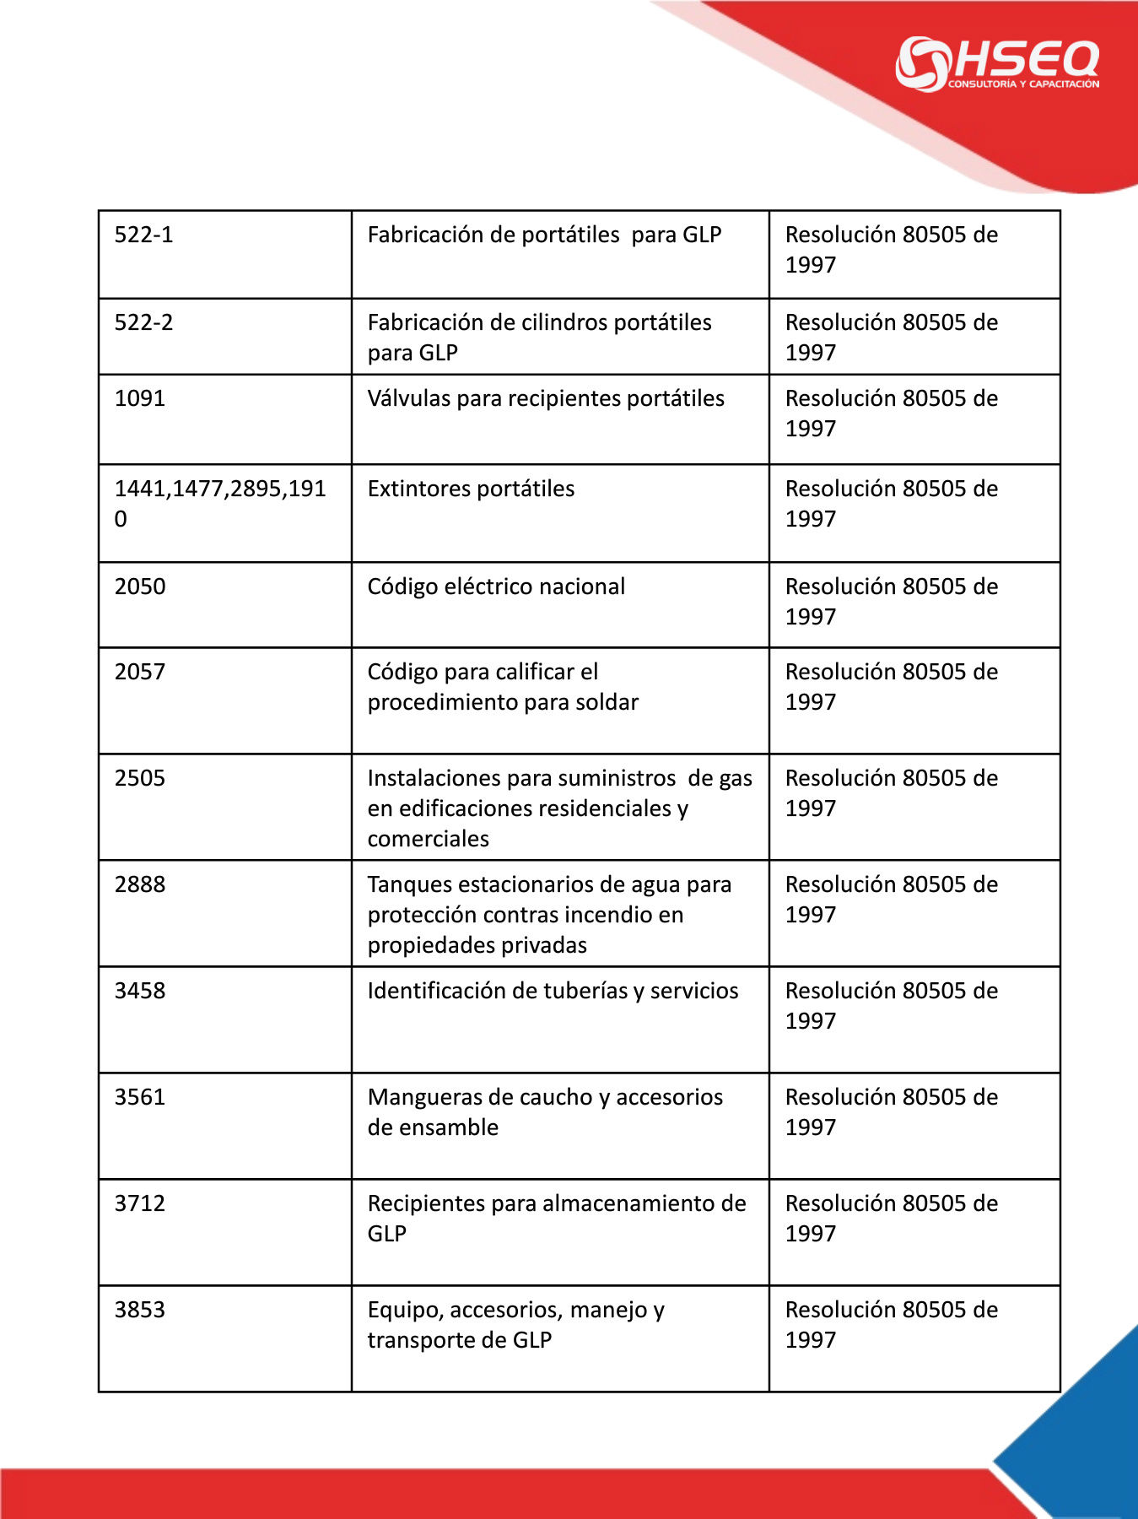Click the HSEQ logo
(997, 63)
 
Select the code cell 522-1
(144, 235)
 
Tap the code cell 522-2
(144, 322)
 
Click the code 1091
(140, 398)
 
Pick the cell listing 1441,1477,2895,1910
(220, 503)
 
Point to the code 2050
(140, 587)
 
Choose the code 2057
(140, 672)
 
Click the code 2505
(140, 778)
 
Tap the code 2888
(140, 884)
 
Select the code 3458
(140, 991)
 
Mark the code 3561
(140, 1097)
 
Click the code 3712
(140, 1203)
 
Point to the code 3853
(140, 1310)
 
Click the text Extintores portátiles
(471, 489)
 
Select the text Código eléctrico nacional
(496, 587)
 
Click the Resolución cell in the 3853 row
(892, 1324)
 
